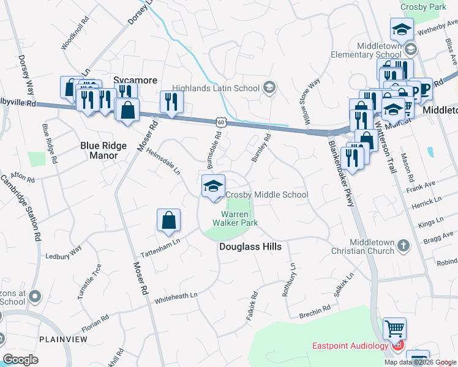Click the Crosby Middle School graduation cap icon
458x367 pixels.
click(213, 186)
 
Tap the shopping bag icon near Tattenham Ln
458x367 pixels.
click(168, 221)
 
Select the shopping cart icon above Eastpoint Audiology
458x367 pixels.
click(395, 329)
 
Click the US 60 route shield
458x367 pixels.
click(220, 122)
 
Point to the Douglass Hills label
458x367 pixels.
click(250, 247)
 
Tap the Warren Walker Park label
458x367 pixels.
click(235, 218)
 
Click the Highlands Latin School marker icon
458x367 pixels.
click(268, 88)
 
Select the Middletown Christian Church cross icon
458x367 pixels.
click(403, 245)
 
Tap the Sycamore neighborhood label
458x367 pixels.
click(135, 80)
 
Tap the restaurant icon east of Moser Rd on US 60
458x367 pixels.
click(171, 102)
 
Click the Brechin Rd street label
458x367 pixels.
click(315, 315)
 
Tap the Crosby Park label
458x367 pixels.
click(423, 7)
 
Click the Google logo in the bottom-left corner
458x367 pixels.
click(20, 359)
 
